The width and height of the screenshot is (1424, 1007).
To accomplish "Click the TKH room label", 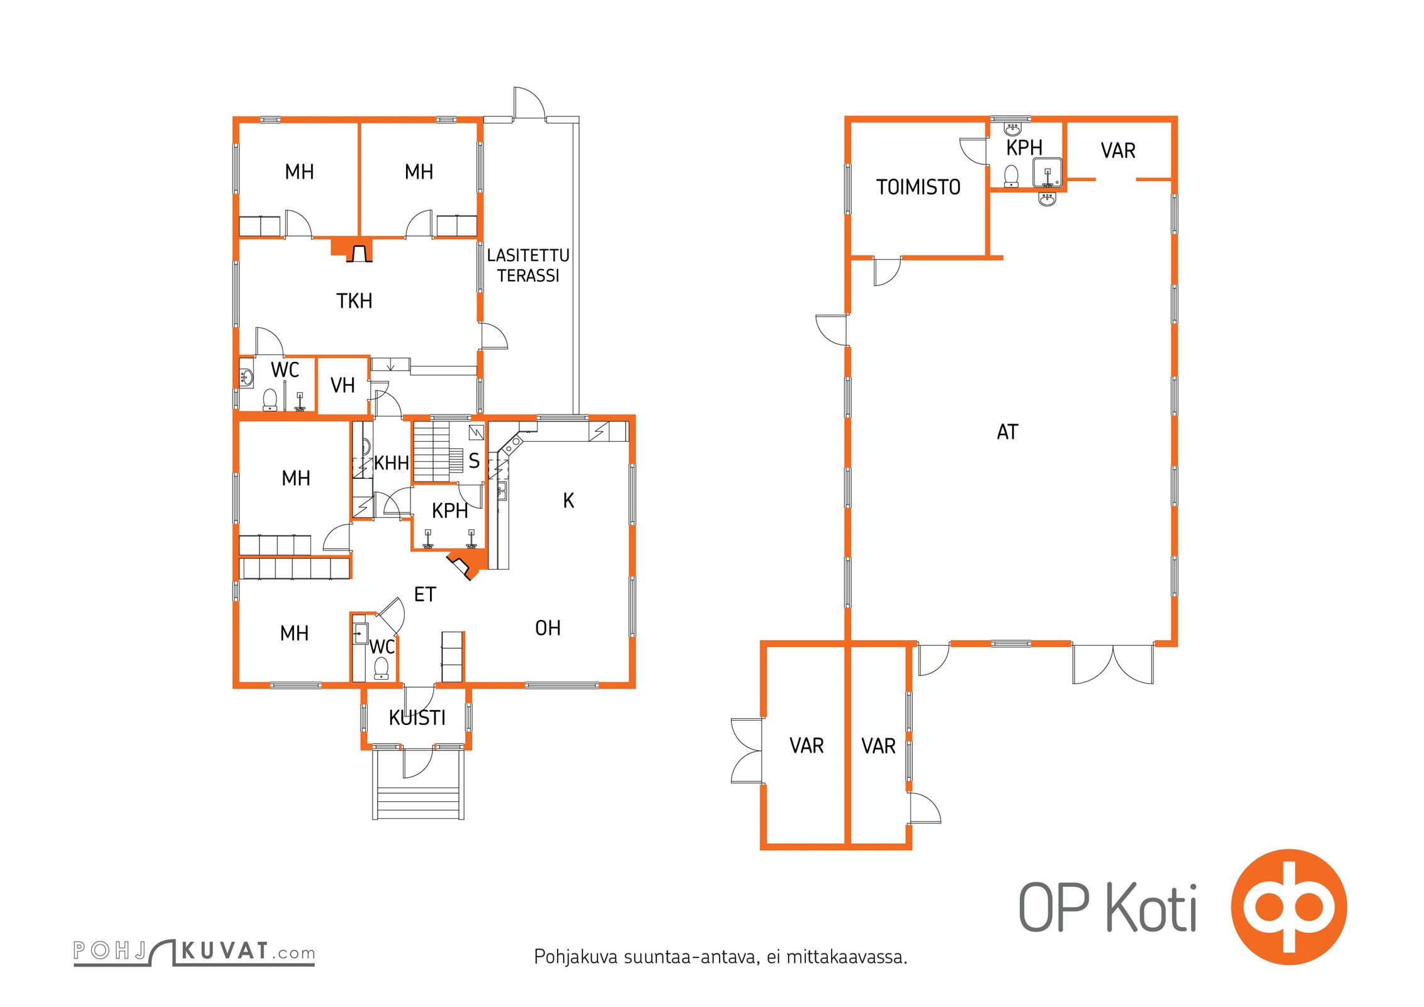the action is pyautogui.click(x=354, y=301).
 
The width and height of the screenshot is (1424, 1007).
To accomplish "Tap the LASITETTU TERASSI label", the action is pyautogui.click(x=528, y=265).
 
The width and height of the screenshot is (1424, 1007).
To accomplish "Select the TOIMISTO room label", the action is pyautogui.click(x=918, y=187).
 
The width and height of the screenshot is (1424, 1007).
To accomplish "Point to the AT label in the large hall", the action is pyautogui.click(x=1007, y=432).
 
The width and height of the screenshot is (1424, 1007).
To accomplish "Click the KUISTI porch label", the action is pyautogui.click(x=417, y=717).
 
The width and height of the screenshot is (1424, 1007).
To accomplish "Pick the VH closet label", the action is pyautogui.click(x=342, y=385).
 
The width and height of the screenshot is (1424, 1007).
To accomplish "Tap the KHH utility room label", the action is pyautogui.click(x=392, y=463).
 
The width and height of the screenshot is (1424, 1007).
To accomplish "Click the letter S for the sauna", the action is pyautogui.click(x=474, y=461).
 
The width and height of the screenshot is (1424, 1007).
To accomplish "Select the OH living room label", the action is pyautogui.click(x=548, y=627).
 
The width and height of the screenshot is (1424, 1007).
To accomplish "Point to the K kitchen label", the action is pyautogui.click(x=568, y=500).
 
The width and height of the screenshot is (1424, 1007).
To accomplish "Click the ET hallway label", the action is pyautogui.click(x=425, y=594).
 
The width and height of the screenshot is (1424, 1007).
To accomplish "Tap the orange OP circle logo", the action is pyautogui.click(x=1289, y=907).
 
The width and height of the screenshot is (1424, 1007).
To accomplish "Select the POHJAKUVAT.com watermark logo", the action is pyautogui.click(x=194, y=952).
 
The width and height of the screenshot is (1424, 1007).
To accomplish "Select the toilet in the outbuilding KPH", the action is pyautogui.click(x=1011, y=176).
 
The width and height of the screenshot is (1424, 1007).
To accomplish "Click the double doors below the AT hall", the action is pyautogui.click(x=1113, y=665).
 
